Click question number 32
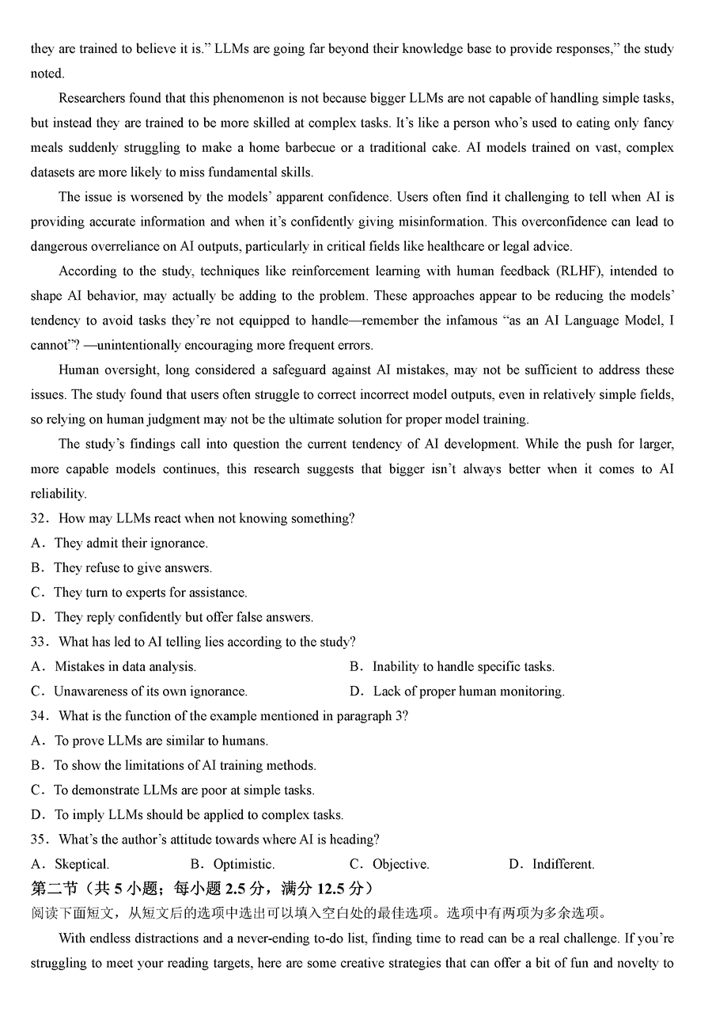coord(40,518)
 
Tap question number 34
coord(40,716)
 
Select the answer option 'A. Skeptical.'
coord(70,864)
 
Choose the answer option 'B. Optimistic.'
coord(233,864)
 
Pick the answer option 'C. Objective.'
coord(389,864)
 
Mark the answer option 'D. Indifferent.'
coord(551,864)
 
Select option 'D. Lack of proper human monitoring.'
coord(457,692)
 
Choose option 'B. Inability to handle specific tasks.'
coord(452,667)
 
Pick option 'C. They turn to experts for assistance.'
coord(139,593)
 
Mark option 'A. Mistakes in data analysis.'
coord(114,667)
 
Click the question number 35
coord(40,840)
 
